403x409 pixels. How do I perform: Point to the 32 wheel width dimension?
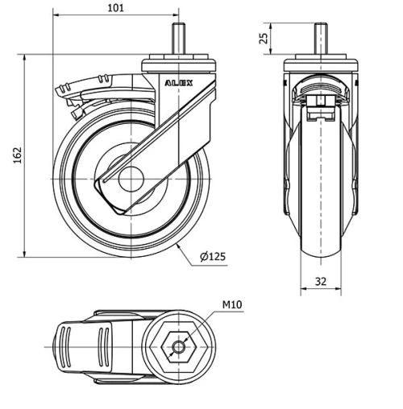point(322,281)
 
